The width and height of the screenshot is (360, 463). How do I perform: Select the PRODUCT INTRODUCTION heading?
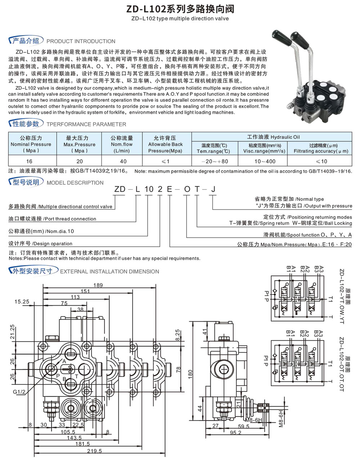[x=81, y=41]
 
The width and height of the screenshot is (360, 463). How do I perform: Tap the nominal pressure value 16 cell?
[x=29, y=161]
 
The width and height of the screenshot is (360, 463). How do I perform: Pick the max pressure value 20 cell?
[x=80, y=161]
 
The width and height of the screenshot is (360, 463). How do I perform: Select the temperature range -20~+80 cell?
[x=215, y=161]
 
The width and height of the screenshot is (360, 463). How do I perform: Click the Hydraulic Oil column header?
[x=273, y=137]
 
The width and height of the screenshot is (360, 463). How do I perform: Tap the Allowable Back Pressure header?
[x=166, y=144]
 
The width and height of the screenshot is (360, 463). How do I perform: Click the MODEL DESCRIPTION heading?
[x=75, y=183]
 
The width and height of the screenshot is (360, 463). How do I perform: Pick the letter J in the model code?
[x=213, y=189]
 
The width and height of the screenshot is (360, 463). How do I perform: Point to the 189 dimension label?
[x=98, y=285]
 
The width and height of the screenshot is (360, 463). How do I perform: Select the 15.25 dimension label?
[x=22, y=302]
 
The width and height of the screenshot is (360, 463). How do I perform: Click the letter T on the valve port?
[x=77, y=376]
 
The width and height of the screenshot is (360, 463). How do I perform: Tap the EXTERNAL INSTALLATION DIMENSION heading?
[x=109, y=271]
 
